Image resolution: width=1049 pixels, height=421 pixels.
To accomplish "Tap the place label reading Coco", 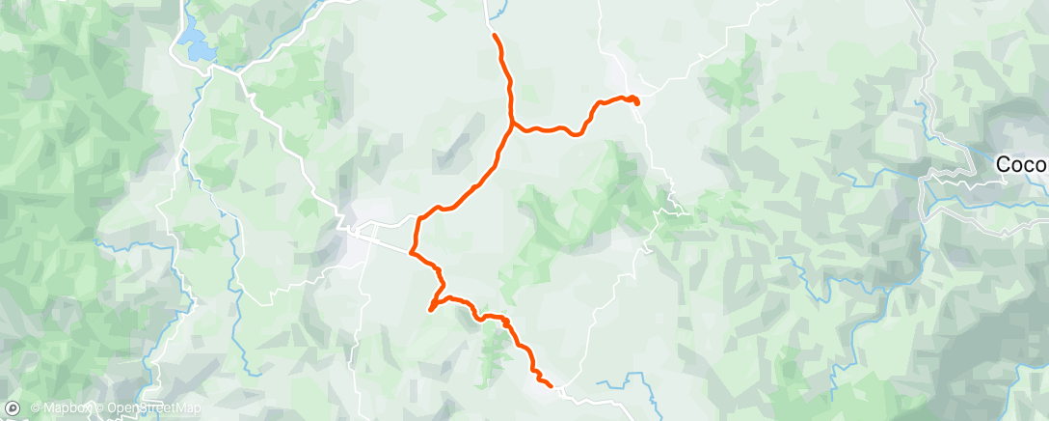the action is click(x=1021, y=165).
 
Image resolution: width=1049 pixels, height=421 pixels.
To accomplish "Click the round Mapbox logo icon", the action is click(x=13, y=408).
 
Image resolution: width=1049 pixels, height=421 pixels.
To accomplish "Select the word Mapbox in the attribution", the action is click(x=67, y=408).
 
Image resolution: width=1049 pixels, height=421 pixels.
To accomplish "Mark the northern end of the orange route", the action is click(x=495, y=36).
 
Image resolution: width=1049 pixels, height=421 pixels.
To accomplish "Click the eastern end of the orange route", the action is click(x=637, y=101).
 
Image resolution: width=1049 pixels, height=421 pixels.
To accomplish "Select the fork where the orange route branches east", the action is click(x=513, y=123).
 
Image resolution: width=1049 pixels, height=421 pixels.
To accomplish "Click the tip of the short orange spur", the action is click(x=429, y=310).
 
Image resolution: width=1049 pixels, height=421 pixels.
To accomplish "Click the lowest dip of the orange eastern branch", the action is click(x=577, y=134).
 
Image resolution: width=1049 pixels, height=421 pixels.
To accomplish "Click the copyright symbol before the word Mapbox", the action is click(x=36, y=408).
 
